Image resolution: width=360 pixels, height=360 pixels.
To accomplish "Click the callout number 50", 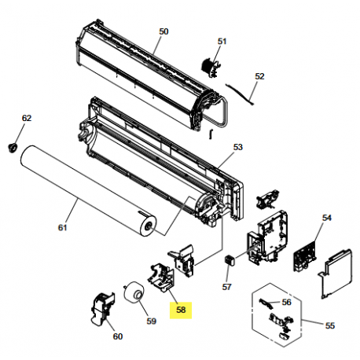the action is coord(163,31).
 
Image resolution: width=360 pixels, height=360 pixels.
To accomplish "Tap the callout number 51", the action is coord(222,41).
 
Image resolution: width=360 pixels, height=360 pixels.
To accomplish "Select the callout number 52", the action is coord(259,76).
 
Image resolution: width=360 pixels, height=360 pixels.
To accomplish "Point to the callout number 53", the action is coord(238,147).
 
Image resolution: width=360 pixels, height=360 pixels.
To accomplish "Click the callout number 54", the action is coord(327,218).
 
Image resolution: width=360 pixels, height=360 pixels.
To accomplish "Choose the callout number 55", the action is coord(330,325).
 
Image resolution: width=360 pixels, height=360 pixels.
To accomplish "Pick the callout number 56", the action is coord(287,302).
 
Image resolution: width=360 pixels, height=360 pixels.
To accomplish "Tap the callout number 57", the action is coord(226,287).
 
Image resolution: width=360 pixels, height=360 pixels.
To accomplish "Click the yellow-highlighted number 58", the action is coord(181,310).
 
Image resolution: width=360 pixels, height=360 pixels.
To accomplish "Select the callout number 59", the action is coord(151,321).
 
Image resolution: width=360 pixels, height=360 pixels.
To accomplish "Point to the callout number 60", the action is coord(118,336).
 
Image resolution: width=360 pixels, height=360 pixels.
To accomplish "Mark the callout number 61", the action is coord(62,227).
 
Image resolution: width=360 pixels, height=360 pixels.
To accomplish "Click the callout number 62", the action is coord(27,118).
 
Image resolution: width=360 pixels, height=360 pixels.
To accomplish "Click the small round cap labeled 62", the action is coord(12,148).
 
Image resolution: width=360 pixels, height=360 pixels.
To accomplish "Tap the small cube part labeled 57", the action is coord(230,260).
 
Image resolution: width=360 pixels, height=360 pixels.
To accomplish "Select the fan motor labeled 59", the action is coord(134,292).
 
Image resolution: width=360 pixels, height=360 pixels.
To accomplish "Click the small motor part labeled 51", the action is coord(211,68).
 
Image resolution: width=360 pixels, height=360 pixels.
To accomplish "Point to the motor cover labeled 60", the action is coord(103,309).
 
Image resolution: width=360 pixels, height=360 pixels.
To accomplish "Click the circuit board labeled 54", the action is coord(305,257).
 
